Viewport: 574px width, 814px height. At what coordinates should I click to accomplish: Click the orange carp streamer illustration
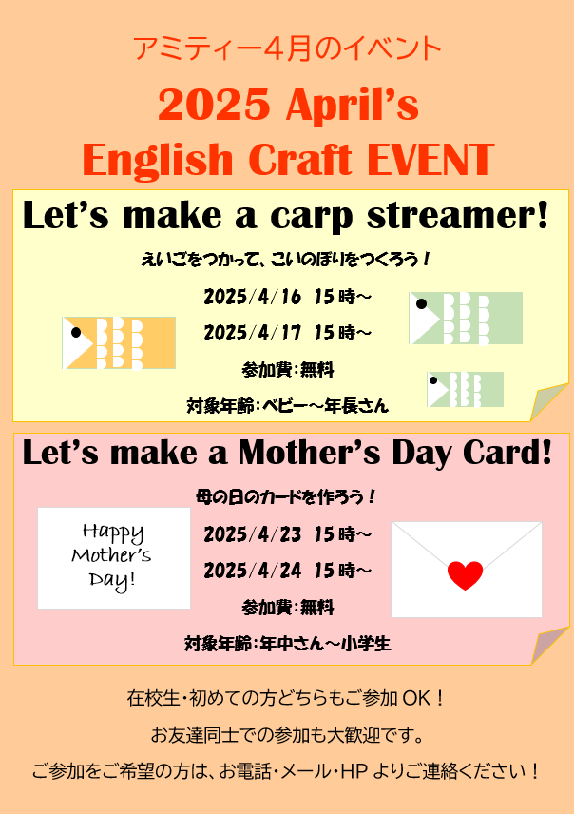[119, 342]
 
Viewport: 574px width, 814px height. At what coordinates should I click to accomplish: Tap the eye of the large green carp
[421, 303]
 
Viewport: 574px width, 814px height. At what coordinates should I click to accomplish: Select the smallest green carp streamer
[465, 389]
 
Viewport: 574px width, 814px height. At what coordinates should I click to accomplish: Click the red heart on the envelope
[465, 575]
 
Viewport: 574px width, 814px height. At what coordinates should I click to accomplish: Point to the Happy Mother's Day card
[114, 557]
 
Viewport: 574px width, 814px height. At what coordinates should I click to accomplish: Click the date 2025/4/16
[252, 297]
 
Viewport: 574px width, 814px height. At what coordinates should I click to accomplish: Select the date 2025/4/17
[252, 333]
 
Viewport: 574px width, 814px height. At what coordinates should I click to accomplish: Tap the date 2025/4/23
[252, 534]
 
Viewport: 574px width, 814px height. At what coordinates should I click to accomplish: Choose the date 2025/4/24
[252, 571]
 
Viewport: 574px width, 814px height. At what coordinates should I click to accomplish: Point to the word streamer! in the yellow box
[458, 215]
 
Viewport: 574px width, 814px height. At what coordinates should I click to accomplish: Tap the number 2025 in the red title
[214, 105]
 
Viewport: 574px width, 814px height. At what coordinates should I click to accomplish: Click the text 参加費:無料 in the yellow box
[288, 370]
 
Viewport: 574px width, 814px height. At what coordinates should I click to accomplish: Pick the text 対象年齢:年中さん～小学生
[288, 644]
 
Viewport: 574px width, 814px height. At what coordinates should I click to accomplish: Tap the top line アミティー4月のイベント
[287, 48]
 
